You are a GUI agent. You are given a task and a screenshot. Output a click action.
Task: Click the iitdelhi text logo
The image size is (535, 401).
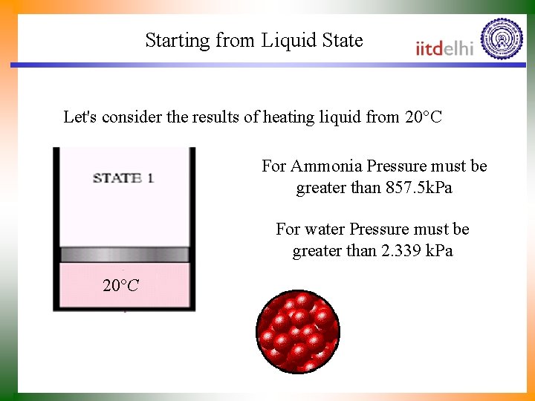coord(444,48)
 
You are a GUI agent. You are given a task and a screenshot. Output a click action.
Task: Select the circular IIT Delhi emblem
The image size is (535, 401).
coord(502,39)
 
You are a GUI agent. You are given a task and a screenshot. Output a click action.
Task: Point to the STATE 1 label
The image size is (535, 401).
coord(123,178)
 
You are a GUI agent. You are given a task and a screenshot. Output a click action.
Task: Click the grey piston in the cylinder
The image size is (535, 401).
coord(124,255)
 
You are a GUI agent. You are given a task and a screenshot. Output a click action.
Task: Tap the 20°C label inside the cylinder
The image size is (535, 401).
coord(120,285)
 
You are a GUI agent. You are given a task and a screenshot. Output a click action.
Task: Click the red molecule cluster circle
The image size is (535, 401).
coord(298,331)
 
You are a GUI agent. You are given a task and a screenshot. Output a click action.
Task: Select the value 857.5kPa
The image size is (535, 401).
coord(419,188)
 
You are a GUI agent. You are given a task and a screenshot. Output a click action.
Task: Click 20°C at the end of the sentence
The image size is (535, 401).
coord(424,117)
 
